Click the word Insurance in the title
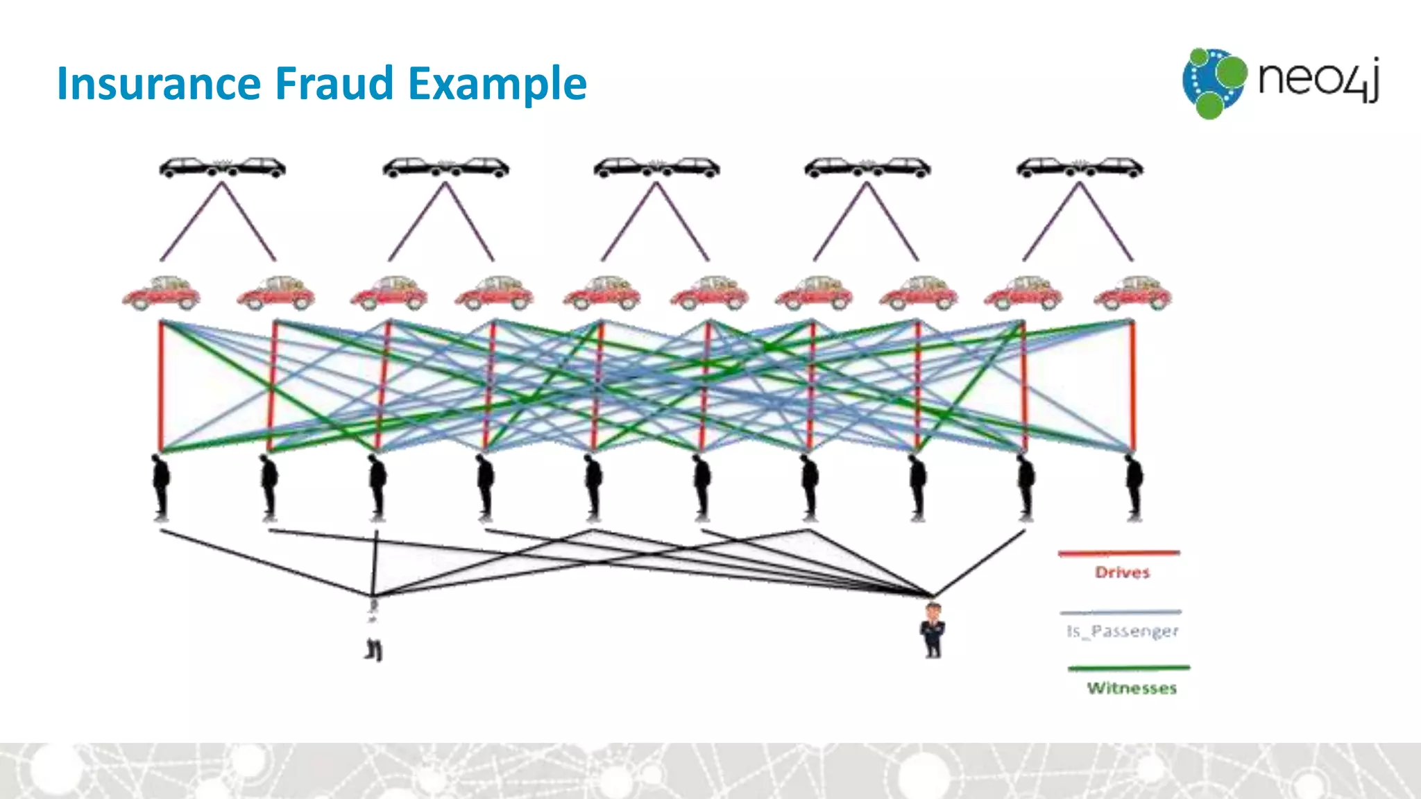pyautogui.click(x=158, y=83)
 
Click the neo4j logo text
pyautogui.click(x=1318, y=78)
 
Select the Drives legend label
pyautogui.click(x=1122, y=573)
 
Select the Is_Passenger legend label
pyautogui.click(x=1122, y=631)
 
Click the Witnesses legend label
pyautogui.click(x=1132, y=688)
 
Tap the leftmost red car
pyautogui.click(x=161, y=293)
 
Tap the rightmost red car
pyautogui.click(x=1132, y=293)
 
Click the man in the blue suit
pyautogui.click(x=933, y=630)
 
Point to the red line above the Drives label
pyautogui.click(x=1118, y=553)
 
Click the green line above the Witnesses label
pyautogui.click(x=1128, y=668)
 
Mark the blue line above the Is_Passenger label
pyautogui.click(x=1120, y=612)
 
